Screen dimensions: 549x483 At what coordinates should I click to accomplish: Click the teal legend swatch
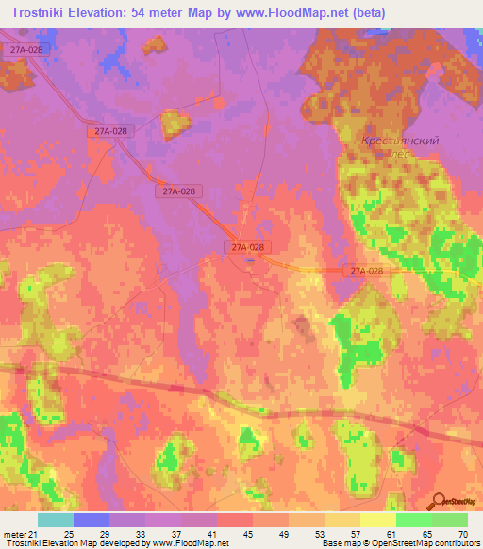(x=55, y=520)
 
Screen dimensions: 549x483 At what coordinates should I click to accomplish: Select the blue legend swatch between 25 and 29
(x=91, y=520)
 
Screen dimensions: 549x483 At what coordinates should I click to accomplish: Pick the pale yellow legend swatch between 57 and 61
(x=377, y=520)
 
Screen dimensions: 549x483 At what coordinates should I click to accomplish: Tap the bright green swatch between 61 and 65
(x=413, y=520)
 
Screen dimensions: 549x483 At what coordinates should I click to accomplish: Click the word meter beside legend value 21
(x=14, y=534)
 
